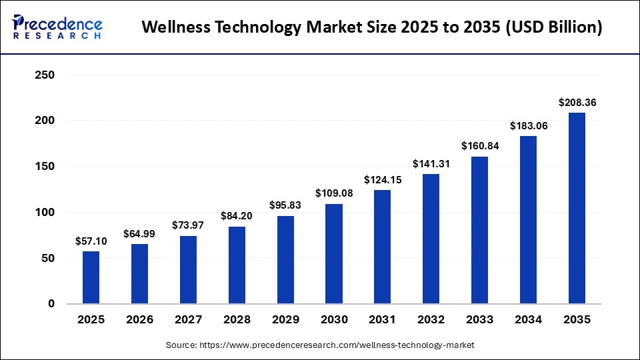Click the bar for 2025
coord(91,277)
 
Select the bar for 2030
coord(334,254)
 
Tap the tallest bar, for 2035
coord(577,208)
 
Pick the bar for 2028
coord(237,265)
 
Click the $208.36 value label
coord(577,103)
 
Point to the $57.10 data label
coord(91,241)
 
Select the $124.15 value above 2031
coord(383,180)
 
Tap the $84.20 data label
coord(237,216)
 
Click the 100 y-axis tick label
coord(43,213)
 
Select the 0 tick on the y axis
coord(50,304)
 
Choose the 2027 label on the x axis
coord(188,320)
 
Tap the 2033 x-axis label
coord(479,320)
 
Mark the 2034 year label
coord(528,320)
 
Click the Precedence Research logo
coord(57,27)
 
